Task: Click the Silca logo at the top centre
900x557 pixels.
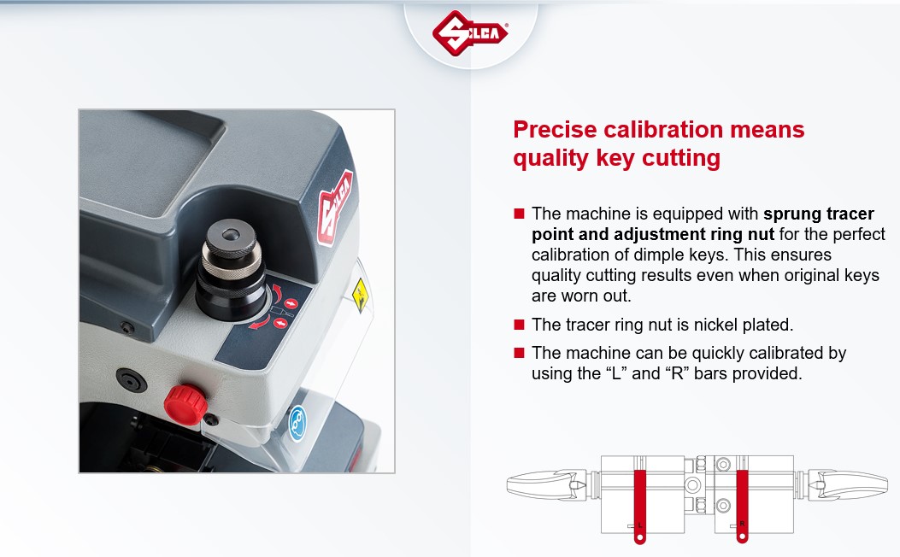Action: point(469,32)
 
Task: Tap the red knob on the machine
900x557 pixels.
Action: point(185,404)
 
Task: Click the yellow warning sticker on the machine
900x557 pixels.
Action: point(360,295)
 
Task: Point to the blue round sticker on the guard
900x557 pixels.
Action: point(297,424)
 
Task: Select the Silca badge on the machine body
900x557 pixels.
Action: point(335,208)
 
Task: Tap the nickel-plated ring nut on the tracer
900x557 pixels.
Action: point(231,267)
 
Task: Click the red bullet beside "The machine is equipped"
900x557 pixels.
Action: point(520,214)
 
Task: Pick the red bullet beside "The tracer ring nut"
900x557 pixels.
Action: point(520,325)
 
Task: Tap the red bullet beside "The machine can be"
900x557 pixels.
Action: point(520,353)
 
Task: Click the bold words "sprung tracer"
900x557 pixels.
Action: point(819,214)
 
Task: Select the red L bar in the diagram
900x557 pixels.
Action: point(639,506)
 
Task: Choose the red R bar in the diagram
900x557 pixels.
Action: point(742,506)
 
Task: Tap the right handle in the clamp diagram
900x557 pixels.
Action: point(848,484)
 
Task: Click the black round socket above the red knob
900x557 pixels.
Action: point(132,380)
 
